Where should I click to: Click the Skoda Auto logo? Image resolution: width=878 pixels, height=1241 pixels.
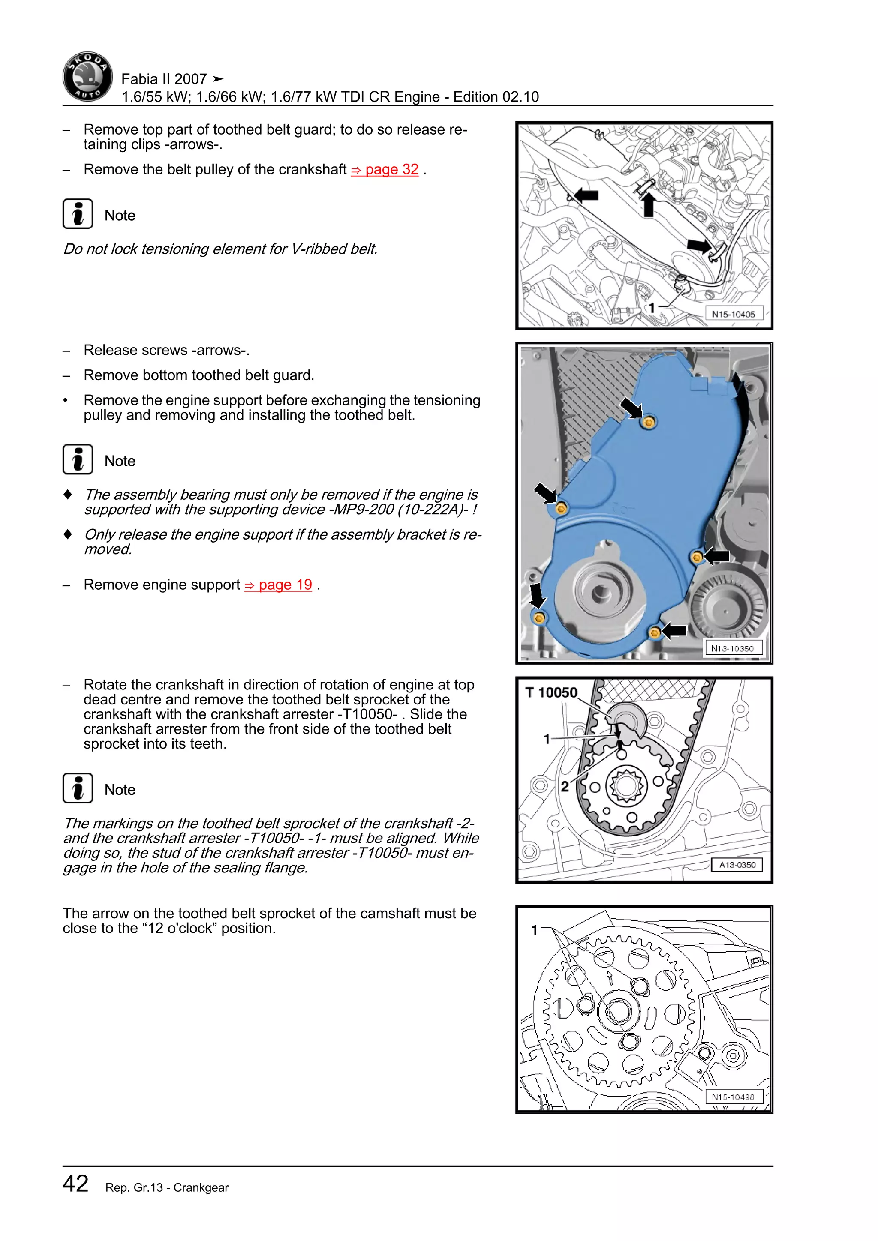pos(87,77)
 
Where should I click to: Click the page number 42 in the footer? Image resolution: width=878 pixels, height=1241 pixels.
pos(76,1183)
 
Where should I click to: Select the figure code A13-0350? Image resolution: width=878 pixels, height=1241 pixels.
pos(737,865)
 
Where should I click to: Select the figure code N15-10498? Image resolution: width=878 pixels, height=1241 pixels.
pos(733,1097)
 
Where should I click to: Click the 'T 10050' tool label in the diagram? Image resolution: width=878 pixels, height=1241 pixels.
pos(551,692)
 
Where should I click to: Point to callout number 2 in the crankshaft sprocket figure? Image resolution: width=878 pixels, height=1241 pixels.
pos(565,786)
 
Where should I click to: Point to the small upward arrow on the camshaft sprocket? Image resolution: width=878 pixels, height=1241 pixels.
pos(610,977)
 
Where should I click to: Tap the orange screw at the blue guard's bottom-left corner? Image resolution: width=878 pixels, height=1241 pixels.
pos(538,617)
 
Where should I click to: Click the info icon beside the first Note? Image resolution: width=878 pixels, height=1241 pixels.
pos(78,214)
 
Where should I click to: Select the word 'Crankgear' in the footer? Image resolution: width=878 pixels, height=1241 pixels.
pos(201,1187)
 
